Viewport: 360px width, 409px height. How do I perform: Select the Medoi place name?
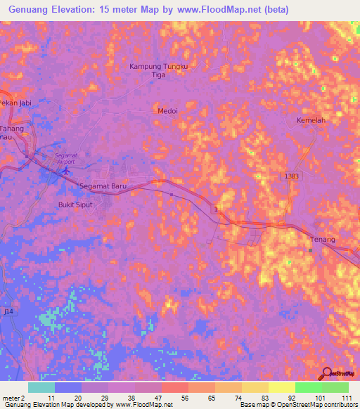tap(167, 110)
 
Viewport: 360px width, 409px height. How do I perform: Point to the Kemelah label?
tap(310, 120)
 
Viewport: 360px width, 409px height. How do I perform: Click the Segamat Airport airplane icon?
tap(67, 169)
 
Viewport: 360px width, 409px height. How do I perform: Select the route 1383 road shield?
tap(293, 176)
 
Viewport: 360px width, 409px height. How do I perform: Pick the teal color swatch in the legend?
tap(41, 387)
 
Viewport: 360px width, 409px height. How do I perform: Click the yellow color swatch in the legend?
tap(281, 387)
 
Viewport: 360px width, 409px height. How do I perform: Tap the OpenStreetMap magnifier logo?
tap(326, 373)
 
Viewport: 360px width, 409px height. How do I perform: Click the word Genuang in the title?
tap(30, 9)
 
